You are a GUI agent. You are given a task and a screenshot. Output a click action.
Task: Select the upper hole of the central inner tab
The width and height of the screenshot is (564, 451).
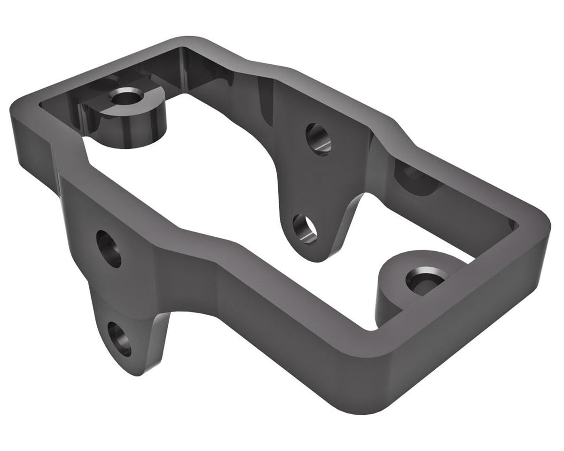pyautogui.click(x=318, y=139)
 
